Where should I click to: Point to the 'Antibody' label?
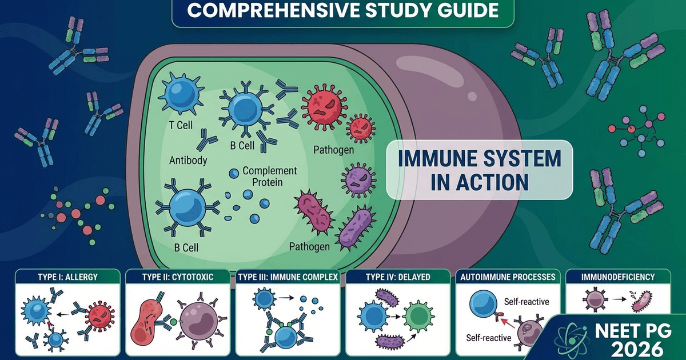pyautogui.click(x=188, y=161)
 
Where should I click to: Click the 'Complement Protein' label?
pyautogui.click(x=270, y=176)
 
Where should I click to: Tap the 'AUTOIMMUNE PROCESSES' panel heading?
pyautogui.click(x=507, y=277)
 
